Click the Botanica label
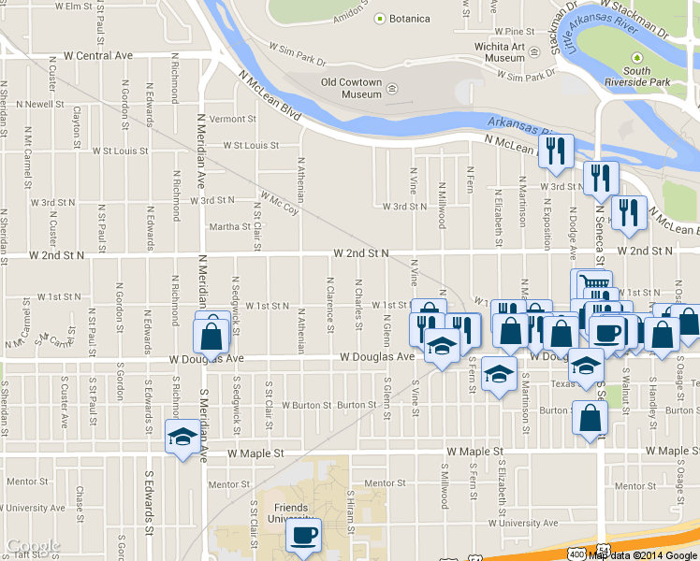pos(409,19)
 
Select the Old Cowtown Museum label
pos(351,88)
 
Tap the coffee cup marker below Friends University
pos(302,536)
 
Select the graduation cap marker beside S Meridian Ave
pos(182,436)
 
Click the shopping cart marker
pos(591,283)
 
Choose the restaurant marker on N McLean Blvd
pos(556,150)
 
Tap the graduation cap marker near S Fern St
pos(500,375)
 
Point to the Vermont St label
pos(232,120)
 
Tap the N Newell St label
pos(33,104)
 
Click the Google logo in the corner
pos(34,546)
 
